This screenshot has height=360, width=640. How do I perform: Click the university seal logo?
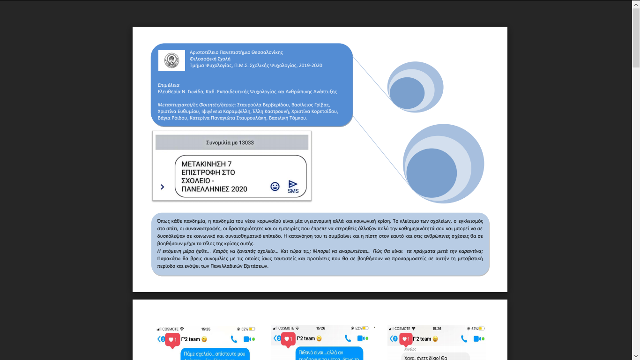click(171, 60)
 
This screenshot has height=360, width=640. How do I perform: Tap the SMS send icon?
click(293, 186)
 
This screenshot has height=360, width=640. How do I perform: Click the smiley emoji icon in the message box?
click(275, 186)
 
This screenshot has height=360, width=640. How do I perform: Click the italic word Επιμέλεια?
click(169, 85)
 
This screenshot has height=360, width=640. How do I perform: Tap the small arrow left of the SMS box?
click(162, 187)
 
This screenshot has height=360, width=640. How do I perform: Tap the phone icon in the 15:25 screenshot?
click(234, 339)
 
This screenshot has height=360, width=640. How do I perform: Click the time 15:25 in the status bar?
click(206, 329)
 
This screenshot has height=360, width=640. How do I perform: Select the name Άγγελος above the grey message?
click(410, 349)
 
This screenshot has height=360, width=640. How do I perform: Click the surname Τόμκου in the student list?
click(297, 118)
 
